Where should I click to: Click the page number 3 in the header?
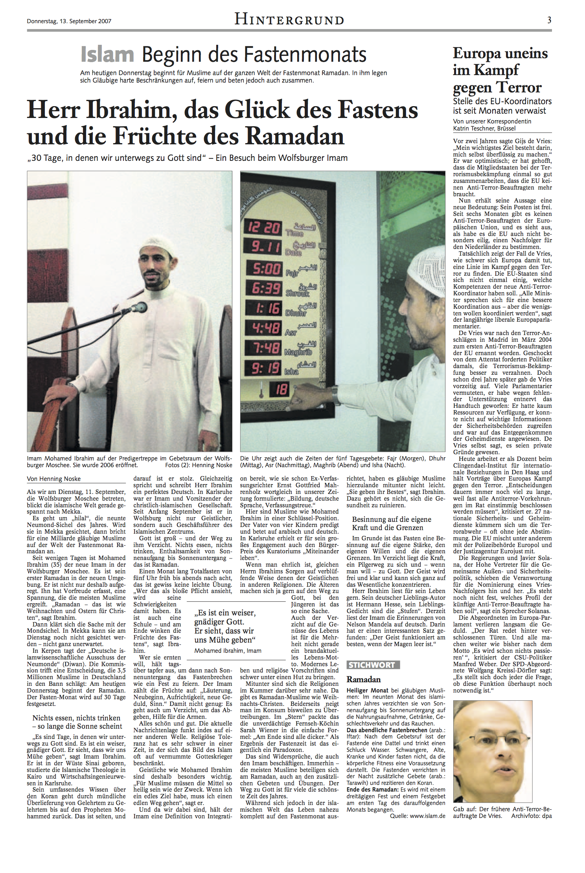[549, 20]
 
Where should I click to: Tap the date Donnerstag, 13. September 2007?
[69, 21]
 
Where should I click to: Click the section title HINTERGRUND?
[289, 19]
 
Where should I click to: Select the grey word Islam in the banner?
[107, 54]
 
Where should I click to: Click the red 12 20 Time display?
[263, 227]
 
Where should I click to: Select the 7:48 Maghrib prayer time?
[267, 348]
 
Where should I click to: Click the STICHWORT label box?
[373, 665]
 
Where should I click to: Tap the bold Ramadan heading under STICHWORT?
[364, 679]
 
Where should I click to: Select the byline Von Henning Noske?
[54, 479]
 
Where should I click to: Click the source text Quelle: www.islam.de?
[418, 816]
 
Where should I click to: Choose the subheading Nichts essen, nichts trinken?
[76, 718]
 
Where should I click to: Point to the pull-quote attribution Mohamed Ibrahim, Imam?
[228, 650]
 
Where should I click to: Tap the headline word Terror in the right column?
[519, 87]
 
